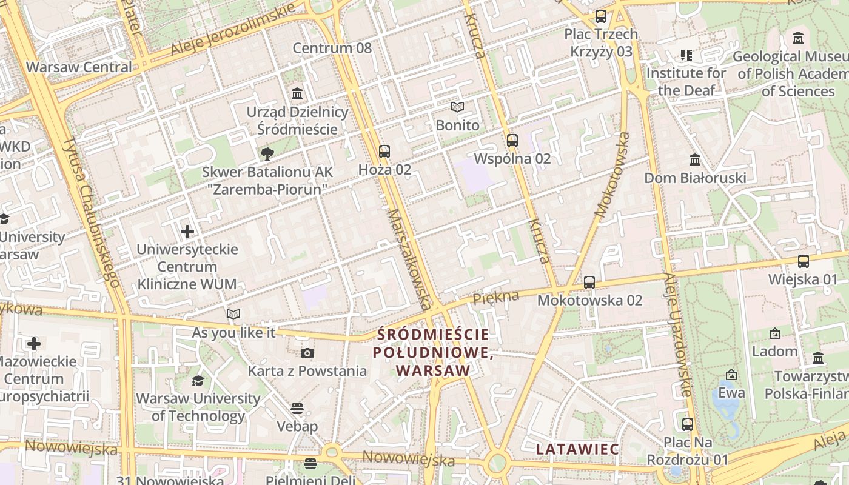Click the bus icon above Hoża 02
(384, 152)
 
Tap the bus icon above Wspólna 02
(512, 141)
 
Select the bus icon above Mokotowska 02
(589, 283)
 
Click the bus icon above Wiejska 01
(804, 262)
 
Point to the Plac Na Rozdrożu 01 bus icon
(688, 424)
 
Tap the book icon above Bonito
(457, 107)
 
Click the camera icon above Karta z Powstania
(307, 353)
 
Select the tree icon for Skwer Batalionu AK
(266, 154)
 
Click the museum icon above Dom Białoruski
(695, 160)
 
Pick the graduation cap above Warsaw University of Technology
(198, 381)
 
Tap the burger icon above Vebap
(297, 409)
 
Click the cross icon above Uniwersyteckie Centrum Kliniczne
(187, 232)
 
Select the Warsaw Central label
(79, 67)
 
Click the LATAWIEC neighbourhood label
(577, 449)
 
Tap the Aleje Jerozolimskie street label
(233, 29)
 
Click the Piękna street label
(496, 297)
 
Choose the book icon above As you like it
(233, 315)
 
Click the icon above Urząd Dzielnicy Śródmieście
(297, 94)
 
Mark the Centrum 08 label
(332, 48)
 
